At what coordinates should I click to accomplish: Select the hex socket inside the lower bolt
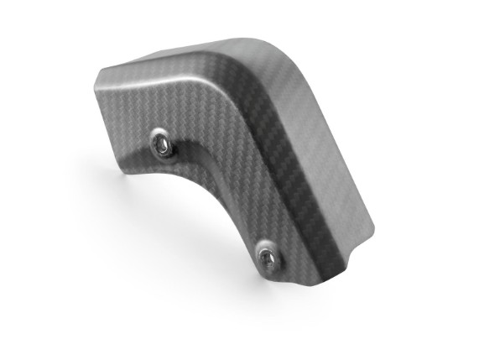(268, 256)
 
